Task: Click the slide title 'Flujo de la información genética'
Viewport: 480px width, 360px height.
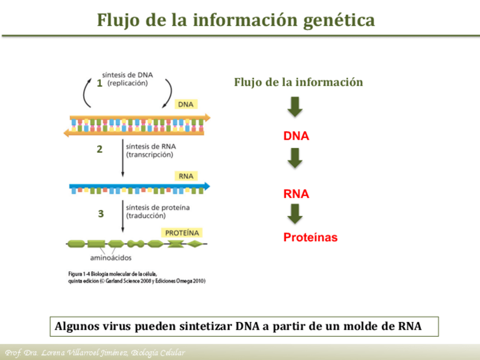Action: [235, 20]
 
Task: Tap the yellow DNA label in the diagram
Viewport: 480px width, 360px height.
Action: [186, 105]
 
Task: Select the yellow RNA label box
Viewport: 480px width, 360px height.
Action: [186, 176]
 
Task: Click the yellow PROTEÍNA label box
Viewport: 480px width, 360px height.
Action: [182, 233]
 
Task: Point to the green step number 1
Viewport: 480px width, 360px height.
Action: [100, 84]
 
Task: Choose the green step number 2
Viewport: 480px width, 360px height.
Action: [100, 149]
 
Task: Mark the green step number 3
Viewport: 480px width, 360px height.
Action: [101, 214]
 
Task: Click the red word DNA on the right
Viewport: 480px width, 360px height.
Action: [296, 136]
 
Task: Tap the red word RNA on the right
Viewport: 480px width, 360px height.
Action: [296, 194]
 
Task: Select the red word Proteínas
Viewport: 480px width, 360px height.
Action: [310, 238]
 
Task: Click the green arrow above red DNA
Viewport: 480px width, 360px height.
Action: [295, 107]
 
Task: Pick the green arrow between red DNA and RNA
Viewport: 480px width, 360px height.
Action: [295, 158]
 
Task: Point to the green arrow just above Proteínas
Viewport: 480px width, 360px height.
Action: [295, 213]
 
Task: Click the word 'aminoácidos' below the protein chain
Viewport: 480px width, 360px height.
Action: [111, 258]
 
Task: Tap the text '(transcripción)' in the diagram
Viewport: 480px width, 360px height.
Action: [149, 154]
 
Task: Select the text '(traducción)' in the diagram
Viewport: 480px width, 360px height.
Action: [146, 216]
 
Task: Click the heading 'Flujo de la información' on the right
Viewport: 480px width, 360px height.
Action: [298, 82]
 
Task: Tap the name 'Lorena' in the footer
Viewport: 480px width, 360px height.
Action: [53, 353]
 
